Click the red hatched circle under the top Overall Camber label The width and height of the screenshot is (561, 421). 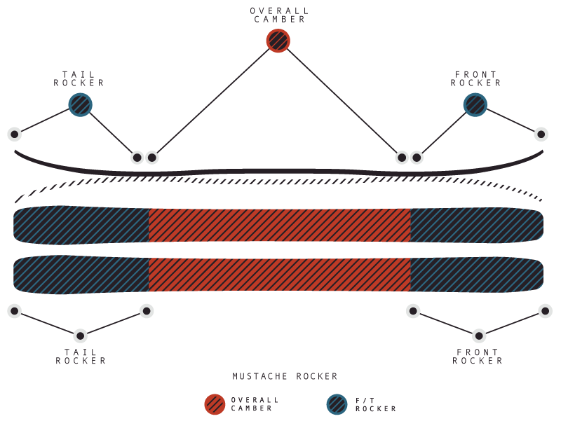coord(278,41)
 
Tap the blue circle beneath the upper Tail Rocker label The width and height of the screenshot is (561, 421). coord(81,104)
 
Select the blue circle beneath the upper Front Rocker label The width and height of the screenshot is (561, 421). coord(475,104)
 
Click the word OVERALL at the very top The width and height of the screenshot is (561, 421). coord(279,11)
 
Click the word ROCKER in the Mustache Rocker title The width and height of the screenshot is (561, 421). coord(317,376)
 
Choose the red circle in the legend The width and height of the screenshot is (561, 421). coord(215,404)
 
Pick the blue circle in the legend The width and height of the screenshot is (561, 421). coord(337,404)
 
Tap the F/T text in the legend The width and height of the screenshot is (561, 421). coord(365,400)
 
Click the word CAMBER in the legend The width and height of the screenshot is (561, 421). coord(251,408)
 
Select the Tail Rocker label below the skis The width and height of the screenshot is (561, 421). coord(81,357)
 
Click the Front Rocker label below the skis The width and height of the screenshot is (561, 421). coord(478,357)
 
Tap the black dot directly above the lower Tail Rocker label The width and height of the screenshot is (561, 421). coord(81,336)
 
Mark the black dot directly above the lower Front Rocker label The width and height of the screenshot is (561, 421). coord(479,336)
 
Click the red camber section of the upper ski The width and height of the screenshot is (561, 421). coord(279,225)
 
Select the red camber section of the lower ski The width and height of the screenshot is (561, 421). coord(279,275)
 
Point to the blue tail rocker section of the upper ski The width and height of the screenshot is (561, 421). coord(81,225)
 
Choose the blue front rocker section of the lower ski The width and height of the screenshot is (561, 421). coord(477,275)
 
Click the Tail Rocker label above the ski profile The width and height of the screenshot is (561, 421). coord(79,78)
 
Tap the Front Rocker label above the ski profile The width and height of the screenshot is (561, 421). coord(475,78)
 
